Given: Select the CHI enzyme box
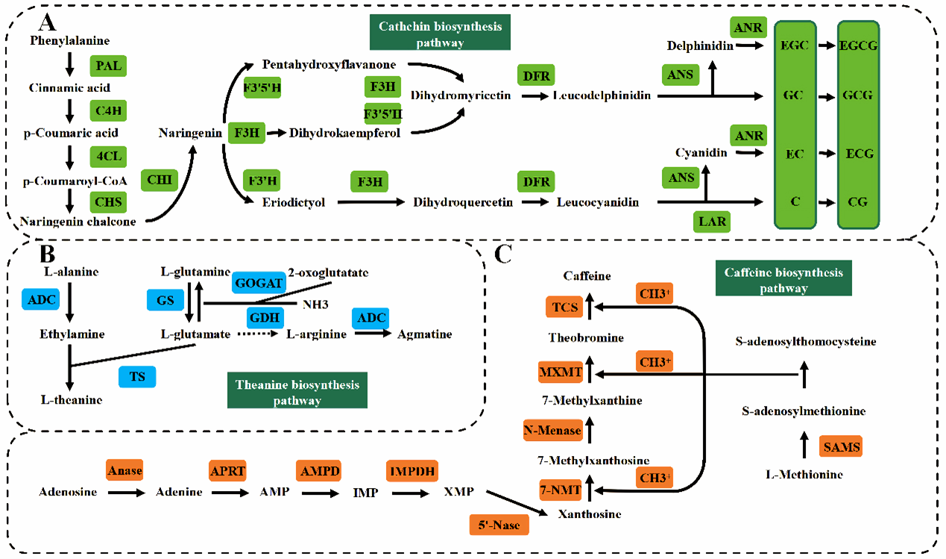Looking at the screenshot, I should point(159,180).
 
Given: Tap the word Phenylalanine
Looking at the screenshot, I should point(70,40).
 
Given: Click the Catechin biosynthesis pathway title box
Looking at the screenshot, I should point(432,34).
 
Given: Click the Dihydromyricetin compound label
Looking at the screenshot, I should point(460,95).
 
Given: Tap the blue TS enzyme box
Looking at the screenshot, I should point(137,377).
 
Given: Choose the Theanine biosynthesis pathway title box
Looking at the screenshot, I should point(297,393).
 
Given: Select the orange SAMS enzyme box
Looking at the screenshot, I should point(841,447).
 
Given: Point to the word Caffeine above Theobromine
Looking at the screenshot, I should point(587,276).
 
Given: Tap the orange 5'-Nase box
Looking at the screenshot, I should point(499,525).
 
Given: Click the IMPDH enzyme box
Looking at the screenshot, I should point(411,471).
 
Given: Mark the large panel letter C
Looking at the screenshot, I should point(504,254).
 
